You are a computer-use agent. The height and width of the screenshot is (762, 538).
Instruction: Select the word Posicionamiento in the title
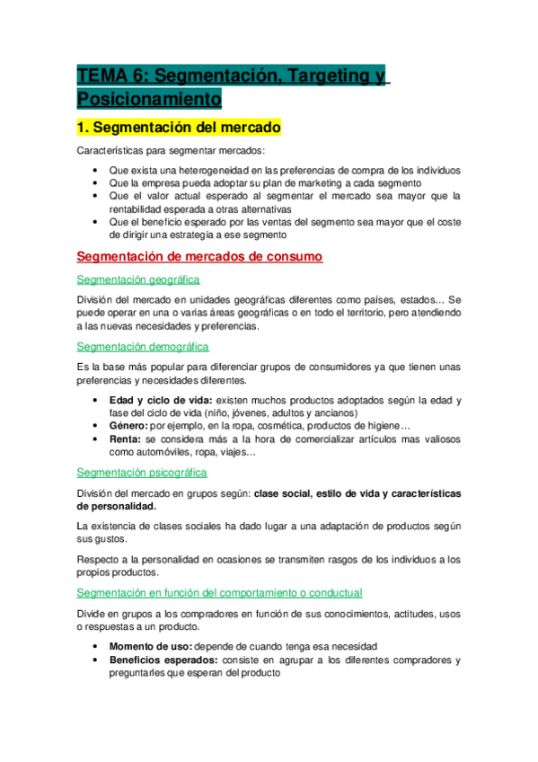pos(148,98)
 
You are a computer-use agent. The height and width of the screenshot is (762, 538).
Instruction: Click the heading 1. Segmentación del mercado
pos(180,128)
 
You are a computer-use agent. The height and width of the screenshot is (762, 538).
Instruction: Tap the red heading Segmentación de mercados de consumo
pos(199,257)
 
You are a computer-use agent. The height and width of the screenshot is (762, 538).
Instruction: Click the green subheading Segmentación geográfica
pos(138,279)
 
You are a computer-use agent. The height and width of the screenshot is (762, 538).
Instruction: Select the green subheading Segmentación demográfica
pos(143,346)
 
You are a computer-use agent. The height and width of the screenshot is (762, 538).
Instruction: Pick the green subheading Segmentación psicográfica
pos(142,472)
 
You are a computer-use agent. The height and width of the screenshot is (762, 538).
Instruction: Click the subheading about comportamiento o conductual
pos(220,593)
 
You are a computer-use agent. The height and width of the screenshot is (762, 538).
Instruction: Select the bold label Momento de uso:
pos(150,646)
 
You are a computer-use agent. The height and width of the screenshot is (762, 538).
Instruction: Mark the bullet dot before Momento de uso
pos(96,647)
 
